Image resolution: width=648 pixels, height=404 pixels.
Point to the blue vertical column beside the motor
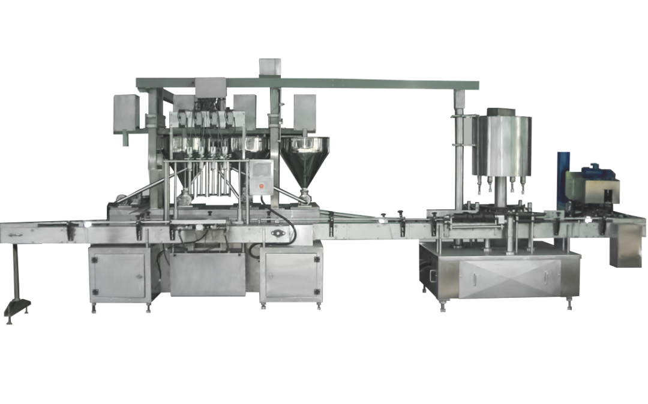[562, 180]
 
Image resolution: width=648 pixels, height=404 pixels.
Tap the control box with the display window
[261, 177]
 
